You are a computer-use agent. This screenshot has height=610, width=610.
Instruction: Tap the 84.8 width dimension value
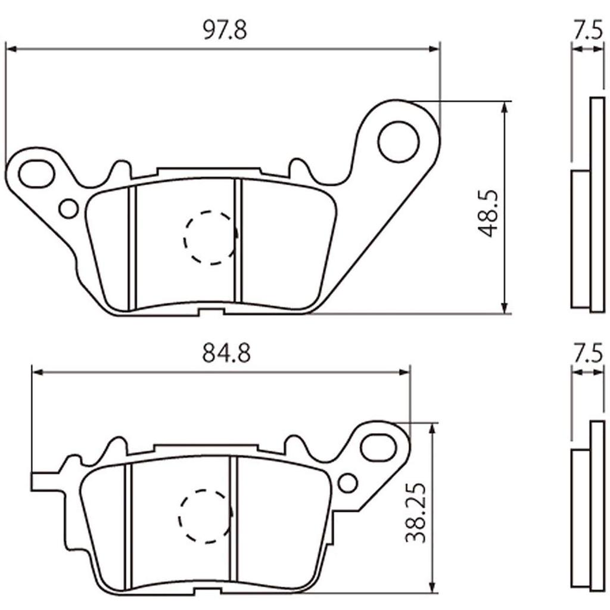pos(226,353)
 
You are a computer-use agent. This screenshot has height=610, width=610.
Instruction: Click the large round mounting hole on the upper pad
pos(399,141)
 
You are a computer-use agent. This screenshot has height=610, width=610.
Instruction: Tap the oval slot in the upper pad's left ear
pos(35,173)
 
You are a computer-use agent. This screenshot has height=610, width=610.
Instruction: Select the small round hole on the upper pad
pos(69,208)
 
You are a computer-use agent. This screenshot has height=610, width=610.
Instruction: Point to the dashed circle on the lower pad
pos(205,517)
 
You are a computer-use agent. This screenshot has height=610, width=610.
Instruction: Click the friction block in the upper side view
pos(580,239)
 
